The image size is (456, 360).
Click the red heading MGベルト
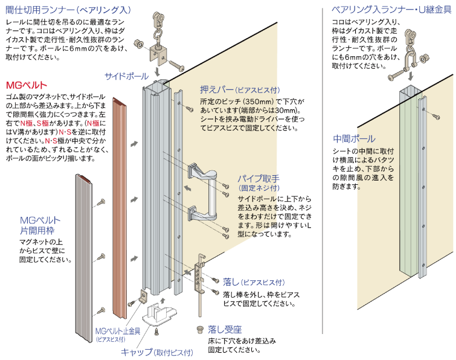pyautogui.click(x=26, y=85)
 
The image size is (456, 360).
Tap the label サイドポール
pyautogui.click(x=126, y=76)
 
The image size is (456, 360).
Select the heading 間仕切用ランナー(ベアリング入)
pyautogui.click(x=68, y=10)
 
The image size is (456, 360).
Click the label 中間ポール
pyautogui.click(x=354, y=139)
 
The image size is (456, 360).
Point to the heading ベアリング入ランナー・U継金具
pyautogui.click(x=392, y=10)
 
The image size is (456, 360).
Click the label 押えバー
pyautogui.click(x=216, y=89)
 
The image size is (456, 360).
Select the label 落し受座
pyautogui.click(x=225, y=329)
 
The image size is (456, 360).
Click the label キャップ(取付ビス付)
pyautogui.click(x=157, y=352)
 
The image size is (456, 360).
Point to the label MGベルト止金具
pyautogui.click(x=118, y=331)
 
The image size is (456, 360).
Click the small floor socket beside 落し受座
pyautogui.click(x=200, y=329)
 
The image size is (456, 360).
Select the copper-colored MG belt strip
pyautogui.click(x=120, y=208)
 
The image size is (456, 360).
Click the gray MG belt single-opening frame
pyautogui.click(x=84, y=259)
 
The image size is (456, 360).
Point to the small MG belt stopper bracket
pyautogui.click(x=143, y=296)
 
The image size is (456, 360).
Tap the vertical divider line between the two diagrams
pyautogui.click(x=323, y=171)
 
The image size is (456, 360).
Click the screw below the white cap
pyautogui.click(x=156, y=331)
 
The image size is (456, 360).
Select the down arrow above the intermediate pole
pyautogui.click(x=410, y=76)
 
